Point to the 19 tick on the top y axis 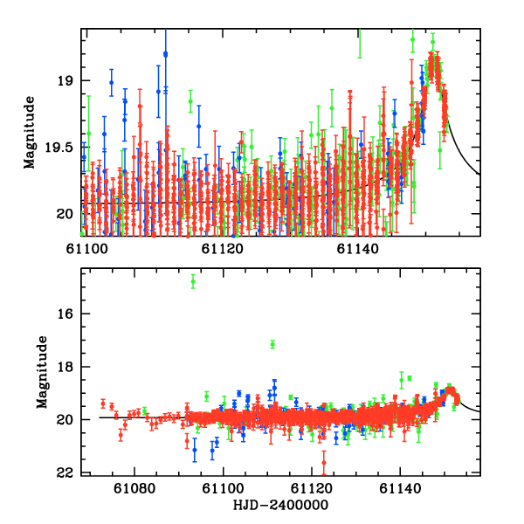coord(65,81)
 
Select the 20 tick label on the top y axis coord(65,214)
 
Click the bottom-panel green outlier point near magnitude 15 coord(193,280)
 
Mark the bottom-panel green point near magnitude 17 coord(272,344)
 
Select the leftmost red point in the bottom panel coord(103,403)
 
